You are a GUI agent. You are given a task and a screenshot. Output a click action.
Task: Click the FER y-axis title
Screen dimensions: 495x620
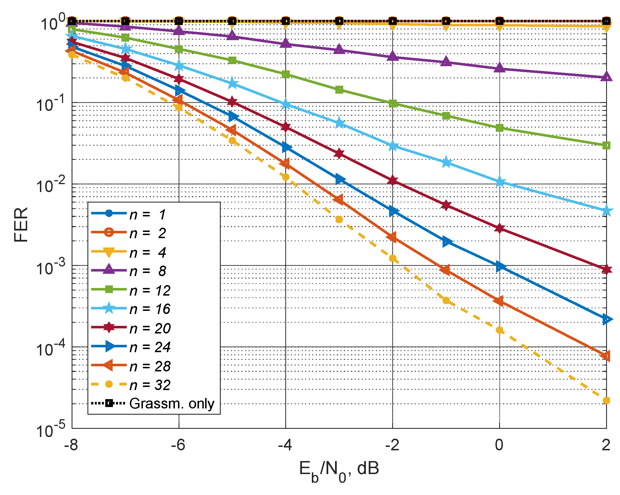21,225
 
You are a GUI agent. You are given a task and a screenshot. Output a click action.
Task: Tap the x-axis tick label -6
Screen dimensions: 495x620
178,445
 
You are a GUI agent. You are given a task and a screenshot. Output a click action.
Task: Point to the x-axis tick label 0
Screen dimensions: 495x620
499,445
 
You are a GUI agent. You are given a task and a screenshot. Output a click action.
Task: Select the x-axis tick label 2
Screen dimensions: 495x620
606,445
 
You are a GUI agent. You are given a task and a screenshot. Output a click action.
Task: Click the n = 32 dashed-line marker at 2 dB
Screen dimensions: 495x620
606,401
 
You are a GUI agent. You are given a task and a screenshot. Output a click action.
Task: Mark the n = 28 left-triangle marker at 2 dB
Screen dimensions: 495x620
606,356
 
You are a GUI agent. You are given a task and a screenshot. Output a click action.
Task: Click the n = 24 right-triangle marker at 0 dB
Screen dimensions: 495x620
500,266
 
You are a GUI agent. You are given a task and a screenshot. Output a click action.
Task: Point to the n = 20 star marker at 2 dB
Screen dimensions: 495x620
606,269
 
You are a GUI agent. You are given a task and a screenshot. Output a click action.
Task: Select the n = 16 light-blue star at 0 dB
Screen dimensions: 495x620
499,182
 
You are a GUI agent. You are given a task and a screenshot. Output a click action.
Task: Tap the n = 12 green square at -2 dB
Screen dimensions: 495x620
392,104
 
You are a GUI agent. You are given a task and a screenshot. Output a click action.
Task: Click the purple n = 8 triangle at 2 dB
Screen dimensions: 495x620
606,77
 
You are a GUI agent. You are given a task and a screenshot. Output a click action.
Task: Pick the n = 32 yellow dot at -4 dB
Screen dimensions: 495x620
286,177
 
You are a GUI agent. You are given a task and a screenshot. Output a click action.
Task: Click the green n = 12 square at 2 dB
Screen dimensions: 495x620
606,145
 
